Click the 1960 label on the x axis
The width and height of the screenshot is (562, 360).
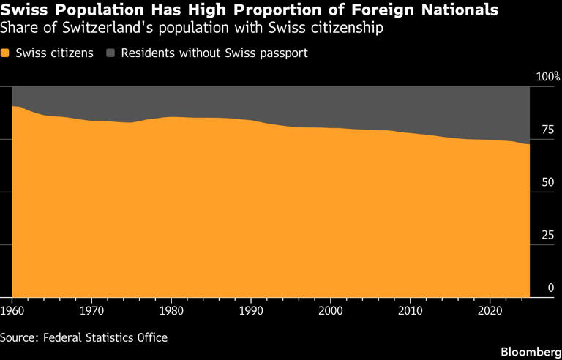pyautogui.click(x=12, y=311)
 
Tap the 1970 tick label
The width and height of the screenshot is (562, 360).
pyautogui.click(x=92, y=311)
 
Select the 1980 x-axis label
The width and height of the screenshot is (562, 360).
pyautogui.click(x=172, y=311)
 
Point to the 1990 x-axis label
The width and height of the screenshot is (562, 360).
pyautogui.click(x=251, y=311)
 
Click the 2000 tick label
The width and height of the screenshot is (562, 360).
pyautogui.click(x=331, y=311)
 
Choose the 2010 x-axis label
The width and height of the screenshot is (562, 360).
pyautogui.click(x=411, y=311)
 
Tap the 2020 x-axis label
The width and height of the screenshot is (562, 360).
pyautogui.click(x=490, y=311)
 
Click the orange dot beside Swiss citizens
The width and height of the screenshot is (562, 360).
pyautogui.click(x=5, y=53)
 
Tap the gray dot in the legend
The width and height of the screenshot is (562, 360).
pyautogui.click(x=111, y=53)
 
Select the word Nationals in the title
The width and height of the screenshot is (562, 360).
pyautogui.click(x=459, y=11)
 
